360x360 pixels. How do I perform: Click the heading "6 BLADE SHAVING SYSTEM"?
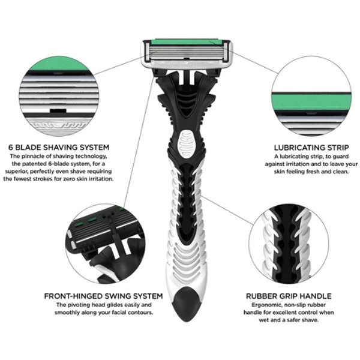coord(59,147)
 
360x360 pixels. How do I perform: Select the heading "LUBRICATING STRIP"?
coord(311,148)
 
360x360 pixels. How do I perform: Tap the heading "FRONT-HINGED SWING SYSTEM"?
coord(104,296)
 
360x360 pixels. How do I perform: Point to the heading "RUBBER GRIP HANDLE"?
coord(289,296)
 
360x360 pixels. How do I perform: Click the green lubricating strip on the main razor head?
coord(187,42)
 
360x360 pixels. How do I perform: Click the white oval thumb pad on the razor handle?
coord(186,145)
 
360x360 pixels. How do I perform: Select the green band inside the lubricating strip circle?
coord(311,101)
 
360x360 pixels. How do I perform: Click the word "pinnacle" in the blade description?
coord(41,157)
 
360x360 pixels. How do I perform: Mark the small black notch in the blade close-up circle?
coord(58,111)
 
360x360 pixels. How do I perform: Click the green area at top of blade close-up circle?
coord(59,64)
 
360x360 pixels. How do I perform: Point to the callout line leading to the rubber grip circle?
coord(228,210)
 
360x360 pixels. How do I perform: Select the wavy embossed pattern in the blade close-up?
coord(60,125)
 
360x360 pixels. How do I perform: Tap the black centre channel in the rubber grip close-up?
coord(288,244)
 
